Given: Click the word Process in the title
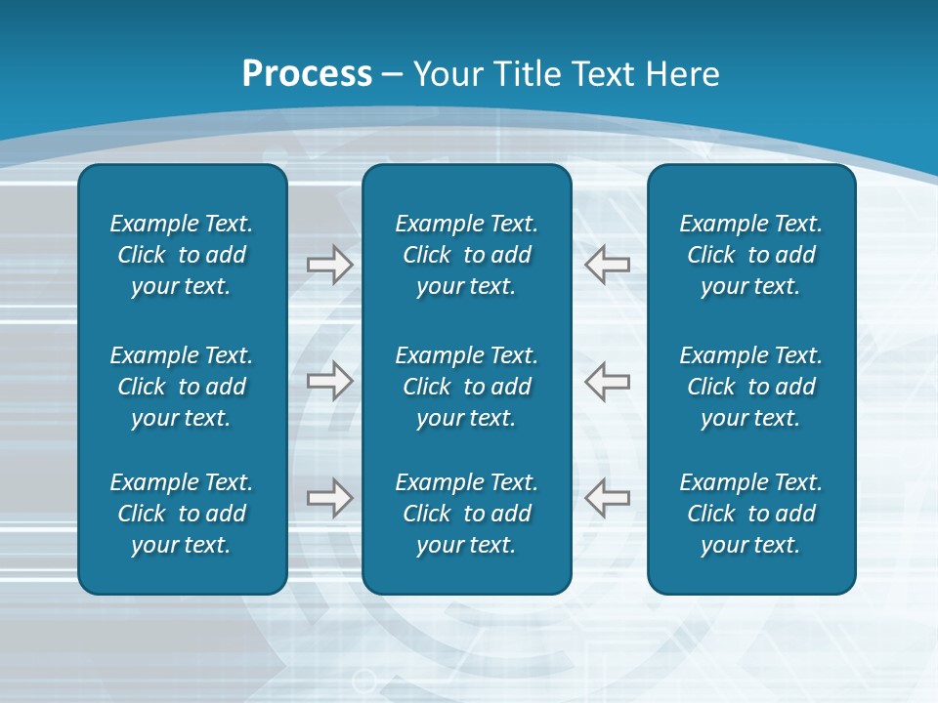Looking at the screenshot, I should pos(307,74).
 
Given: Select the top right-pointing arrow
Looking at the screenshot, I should pos(329,264).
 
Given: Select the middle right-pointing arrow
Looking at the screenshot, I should pos(329,381).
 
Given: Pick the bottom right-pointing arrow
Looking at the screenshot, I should pos(329,498).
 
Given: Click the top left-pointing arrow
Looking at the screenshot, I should pos(608,264).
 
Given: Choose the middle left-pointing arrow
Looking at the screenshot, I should pos(608,381).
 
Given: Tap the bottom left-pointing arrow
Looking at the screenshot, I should pos(608,498).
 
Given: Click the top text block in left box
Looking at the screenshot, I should pos(182,255).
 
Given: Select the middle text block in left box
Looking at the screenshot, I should pos(182,387).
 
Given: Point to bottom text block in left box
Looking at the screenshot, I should pos(182,514).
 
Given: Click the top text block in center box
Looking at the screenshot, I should pos(466,255).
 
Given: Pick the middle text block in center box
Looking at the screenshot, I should pos(466,387).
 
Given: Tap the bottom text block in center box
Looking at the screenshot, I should pos(466,514).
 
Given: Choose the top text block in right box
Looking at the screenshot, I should pos(751,255).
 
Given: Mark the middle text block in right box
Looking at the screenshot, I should pos(751,387).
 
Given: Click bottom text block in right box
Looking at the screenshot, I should pos(751,514).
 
